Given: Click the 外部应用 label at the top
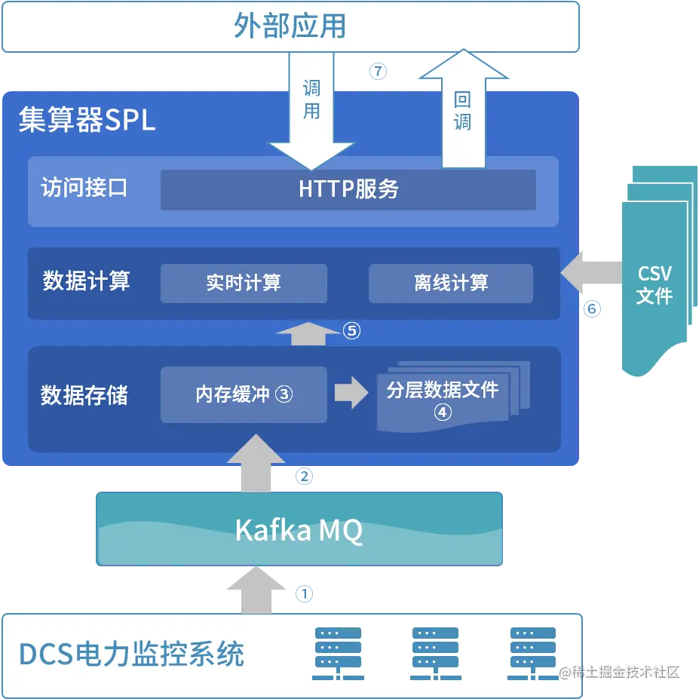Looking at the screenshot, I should [x=290, y=26].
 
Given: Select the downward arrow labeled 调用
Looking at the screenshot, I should [x=311, y=113].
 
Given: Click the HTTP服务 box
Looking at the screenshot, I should [x=348, y=189].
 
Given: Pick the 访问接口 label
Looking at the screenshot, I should [x=84, y=189].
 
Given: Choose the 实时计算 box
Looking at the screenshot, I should [x=244, y=283].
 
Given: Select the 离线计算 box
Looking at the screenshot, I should [x=451, y=283].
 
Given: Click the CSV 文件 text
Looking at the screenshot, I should [x=654, y=285].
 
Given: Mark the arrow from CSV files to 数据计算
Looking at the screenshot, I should [x=590, y=271].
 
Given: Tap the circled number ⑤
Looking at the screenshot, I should [x=352, y=330].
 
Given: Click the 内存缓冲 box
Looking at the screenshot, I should [x=244, y=394].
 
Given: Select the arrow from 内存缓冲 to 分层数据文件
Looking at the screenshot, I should [x=351, y=392].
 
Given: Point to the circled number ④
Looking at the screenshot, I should [x=443, y=412].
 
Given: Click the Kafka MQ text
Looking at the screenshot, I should [x=299, y=531].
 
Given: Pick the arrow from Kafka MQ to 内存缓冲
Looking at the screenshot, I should [x=257, y=464].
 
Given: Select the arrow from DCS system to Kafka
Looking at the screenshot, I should [x=257, y=590].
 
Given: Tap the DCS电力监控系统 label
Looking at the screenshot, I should [x=132, y=654].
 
